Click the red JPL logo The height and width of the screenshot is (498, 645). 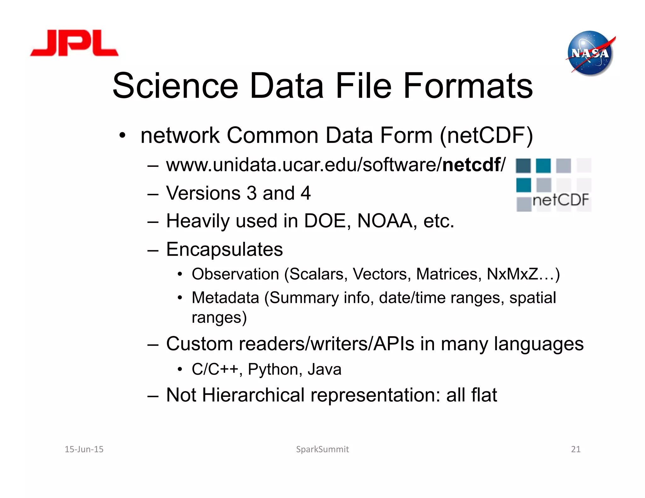[74, 43]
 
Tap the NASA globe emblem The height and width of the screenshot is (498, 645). [590, 53]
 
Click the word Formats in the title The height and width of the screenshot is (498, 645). [468, 86]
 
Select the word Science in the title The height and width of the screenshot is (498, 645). [175, 86]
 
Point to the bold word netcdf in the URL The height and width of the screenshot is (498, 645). [471, 165]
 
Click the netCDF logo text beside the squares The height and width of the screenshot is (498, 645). [561, 200]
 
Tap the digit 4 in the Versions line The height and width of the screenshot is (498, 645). [305, 193]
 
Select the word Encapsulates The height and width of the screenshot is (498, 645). [224, 249]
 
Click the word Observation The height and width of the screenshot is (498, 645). [235, 274]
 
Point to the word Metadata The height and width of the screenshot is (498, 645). [225, 297]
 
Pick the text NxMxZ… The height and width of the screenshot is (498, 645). [523, 274]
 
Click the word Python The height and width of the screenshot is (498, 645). [273, 369]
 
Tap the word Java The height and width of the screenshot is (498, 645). [324, 369]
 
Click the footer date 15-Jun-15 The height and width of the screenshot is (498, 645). [84, 449]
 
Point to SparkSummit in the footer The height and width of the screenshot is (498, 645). [322, 449]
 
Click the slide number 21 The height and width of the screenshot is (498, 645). [576, 449]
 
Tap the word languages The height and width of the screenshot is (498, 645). [539, 344]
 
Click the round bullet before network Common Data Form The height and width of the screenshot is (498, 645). [123, 136]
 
